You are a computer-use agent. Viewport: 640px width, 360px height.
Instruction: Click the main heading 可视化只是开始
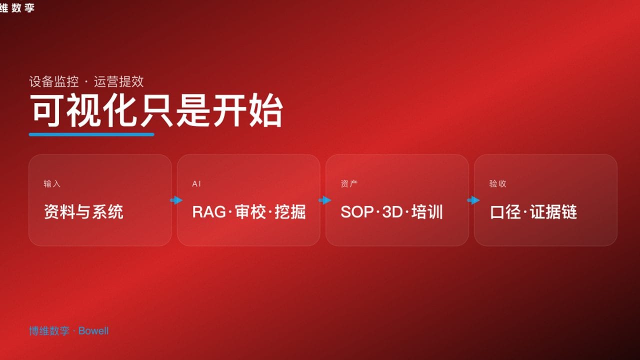pos(156,110)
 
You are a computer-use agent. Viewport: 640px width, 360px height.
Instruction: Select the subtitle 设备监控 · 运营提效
pos(86,81)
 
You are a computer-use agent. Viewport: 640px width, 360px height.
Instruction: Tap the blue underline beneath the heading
pos(91,134)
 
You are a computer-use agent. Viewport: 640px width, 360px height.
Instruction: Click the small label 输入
pos(52,184)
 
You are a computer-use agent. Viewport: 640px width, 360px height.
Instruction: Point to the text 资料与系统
pos(83,212)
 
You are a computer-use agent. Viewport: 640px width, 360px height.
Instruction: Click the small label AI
pos(196,184)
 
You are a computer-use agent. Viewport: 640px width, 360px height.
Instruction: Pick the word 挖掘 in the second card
pos(290,212)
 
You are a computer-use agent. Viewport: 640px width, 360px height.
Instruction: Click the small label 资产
pos(349,184)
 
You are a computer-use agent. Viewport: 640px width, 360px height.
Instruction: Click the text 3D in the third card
pos(392,212)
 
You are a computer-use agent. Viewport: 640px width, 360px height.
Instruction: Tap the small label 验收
pos(497,184)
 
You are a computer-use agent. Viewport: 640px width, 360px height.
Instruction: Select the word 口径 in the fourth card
pos(505,212)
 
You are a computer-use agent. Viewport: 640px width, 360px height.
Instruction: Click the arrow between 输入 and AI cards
pos(176,200)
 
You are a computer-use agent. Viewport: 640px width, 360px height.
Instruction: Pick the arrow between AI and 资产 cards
pos(324,200)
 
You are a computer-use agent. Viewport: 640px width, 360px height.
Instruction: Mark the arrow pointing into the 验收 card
pos(473,200)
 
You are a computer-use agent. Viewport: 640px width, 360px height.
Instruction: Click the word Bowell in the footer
pos(93,331)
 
